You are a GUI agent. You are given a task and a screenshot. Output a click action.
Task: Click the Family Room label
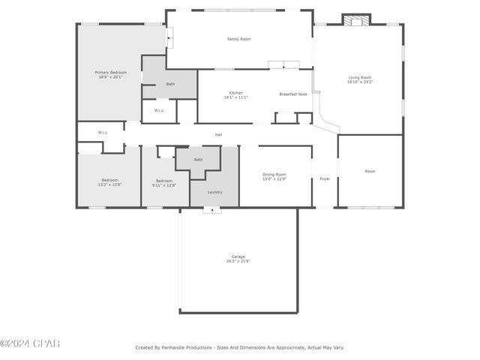click(239, 39)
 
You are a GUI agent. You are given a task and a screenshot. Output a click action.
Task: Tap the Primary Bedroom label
click(110, 72)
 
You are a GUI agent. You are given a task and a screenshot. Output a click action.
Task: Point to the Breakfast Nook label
click(293, 94)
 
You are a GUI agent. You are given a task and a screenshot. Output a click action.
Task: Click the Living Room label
click(360, 77)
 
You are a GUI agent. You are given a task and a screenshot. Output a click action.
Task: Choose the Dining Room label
click(274, 174)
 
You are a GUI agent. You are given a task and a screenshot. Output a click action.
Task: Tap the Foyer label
click(325, 178)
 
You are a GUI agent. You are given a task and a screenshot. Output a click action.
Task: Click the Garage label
click(238, 256)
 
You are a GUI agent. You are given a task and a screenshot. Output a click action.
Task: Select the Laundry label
click(214, 193)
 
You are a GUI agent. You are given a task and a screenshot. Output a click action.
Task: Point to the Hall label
click(218, 135)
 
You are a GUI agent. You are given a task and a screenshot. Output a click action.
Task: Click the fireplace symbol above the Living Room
click(356, 19)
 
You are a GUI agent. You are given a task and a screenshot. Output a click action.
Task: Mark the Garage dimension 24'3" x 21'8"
click(238, 261)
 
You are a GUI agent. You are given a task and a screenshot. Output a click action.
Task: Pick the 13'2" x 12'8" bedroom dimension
click(110, 184)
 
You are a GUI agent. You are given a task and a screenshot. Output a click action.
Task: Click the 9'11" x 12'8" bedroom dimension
click(164, 184)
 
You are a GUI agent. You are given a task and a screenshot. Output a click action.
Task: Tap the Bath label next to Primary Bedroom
click(170, 84)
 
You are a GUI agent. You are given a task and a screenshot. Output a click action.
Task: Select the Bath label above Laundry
click(198, 160)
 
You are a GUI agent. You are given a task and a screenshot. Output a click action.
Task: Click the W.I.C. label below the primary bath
click(159, 111)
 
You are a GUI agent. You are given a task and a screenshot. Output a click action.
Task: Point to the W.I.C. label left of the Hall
click(103, 133)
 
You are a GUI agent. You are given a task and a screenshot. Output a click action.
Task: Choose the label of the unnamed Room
click(370, 171)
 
